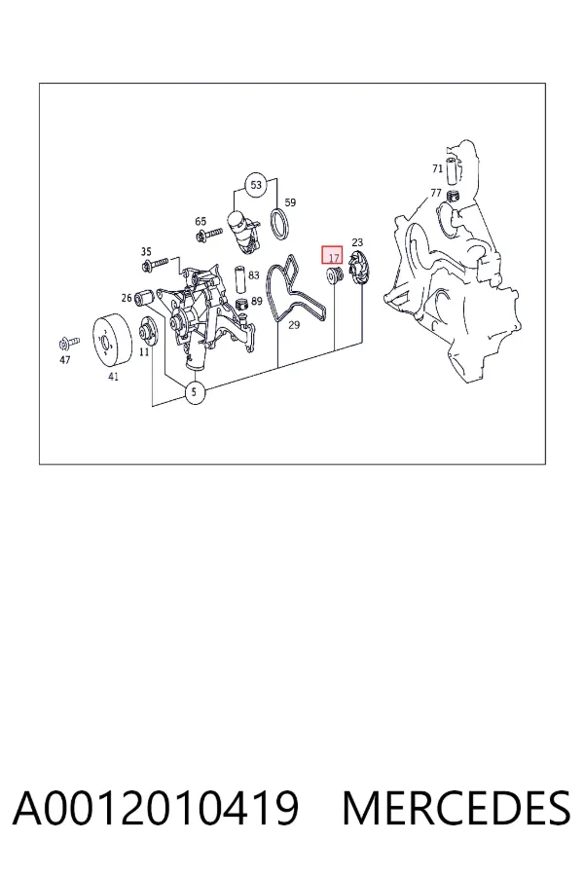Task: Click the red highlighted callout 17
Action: (x=331, y=255)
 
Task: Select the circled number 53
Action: (x=255, y=185)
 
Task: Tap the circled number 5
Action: (x=195, y=392)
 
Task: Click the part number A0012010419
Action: (x=156, y=808)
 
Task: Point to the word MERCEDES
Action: (x=456, y=808)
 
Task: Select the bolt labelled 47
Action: (x=69, y=342)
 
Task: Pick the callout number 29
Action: (x=294, y=324)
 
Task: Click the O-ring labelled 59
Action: (x=280, y=226)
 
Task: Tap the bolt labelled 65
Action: (x=209, y=236)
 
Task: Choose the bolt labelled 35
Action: (x=156, y=263)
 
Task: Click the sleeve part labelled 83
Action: (x=240, y=279)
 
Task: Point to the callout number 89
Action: (x=257, y=301)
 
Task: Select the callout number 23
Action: (x=357, y=242)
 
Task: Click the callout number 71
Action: (x=438, y=168)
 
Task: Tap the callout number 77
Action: (x=436, y=193)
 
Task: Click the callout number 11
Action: (x=144, y=352)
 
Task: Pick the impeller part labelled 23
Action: (x=356, y=269)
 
